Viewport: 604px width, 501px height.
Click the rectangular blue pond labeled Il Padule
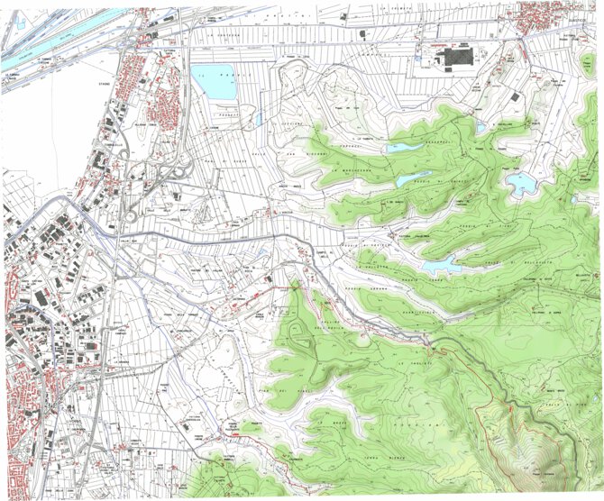pyautogui.click(x=215, y=81)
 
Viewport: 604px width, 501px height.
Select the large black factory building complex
pyautogui.click(x=456, y=59)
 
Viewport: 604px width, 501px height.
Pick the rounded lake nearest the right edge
pyautogui.click(x=520, y=184)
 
